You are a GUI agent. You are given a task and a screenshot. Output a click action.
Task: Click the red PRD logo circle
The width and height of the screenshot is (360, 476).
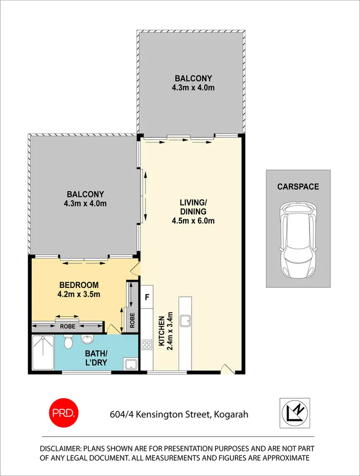tap(63, 413)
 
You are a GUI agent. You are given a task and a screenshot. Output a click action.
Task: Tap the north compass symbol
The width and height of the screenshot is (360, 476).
tap(295, 413)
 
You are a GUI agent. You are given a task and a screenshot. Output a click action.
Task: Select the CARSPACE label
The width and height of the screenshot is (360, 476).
tap(298, 187)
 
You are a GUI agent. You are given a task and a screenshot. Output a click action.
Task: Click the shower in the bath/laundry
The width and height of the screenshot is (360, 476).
tap(43, 353)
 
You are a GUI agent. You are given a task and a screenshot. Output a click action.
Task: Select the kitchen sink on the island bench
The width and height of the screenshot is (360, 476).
tap(185, 320)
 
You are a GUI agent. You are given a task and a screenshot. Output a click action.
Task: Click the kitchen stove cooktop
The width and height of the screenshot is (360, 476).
tap(147, 344)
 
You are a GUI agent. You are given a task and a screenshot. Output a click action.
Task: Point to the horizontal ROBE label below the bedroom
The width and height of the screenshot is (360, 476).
tap(68, 327)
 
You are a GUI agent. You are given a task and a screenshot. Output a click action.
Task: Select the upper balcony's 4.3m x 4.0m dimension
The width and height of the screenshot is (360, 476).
tap(193, 88)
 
